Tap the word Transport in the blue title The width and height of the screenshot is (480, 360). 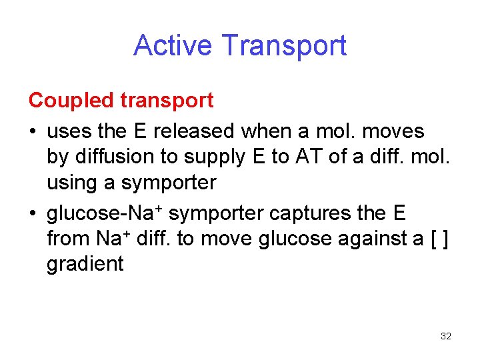point(285,45)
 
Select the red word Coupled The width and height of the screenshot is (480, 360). point(72,101)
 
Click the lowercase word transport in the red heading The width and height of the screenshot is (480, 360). point(167,101)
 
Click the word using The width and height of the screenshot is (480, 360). point(70,183)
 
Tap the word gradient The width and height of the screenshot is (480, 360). point(85,264)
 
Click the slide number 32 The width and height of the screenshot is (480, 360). point(446,336)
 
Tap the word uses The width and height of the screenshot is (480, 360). point(69,131)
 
